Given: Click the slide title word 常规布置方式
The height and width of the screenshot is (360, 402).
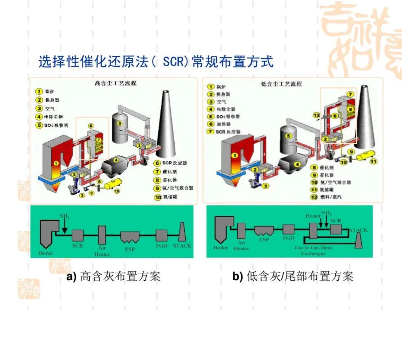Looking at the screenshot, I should (x=233, y=61).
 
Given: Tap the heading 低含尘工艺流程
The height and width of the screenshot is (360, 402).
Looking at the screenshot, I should (x=281, y=84).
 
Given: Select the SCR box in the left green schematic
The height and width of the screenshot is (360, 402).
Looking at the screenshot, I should (x=77, y=235).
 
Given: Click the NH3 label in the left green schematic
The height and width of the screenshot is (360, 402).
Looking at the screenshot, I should (x=64, y=217).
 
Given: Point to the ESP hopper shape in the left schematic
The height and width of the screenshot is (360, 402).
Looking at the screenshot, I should (x=130, y=236).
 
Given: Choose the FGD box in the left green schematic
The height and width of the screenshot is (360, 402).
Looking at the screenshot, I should (x=162, y=235).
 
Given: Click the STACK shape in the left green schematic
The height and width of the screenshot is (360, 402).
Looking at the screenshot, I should (x=182, y=233).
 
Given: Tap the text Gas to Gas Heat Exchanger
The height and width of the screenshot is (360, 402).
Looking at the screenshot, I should (x=313, y=250).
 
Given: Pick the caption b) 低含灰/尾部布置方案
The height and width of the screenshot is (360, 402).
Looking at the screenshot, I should (x=293, y=277).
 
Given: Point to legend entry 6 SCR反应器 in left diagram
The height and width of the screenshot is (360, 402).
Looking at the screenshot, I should (x=172, y=163).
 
